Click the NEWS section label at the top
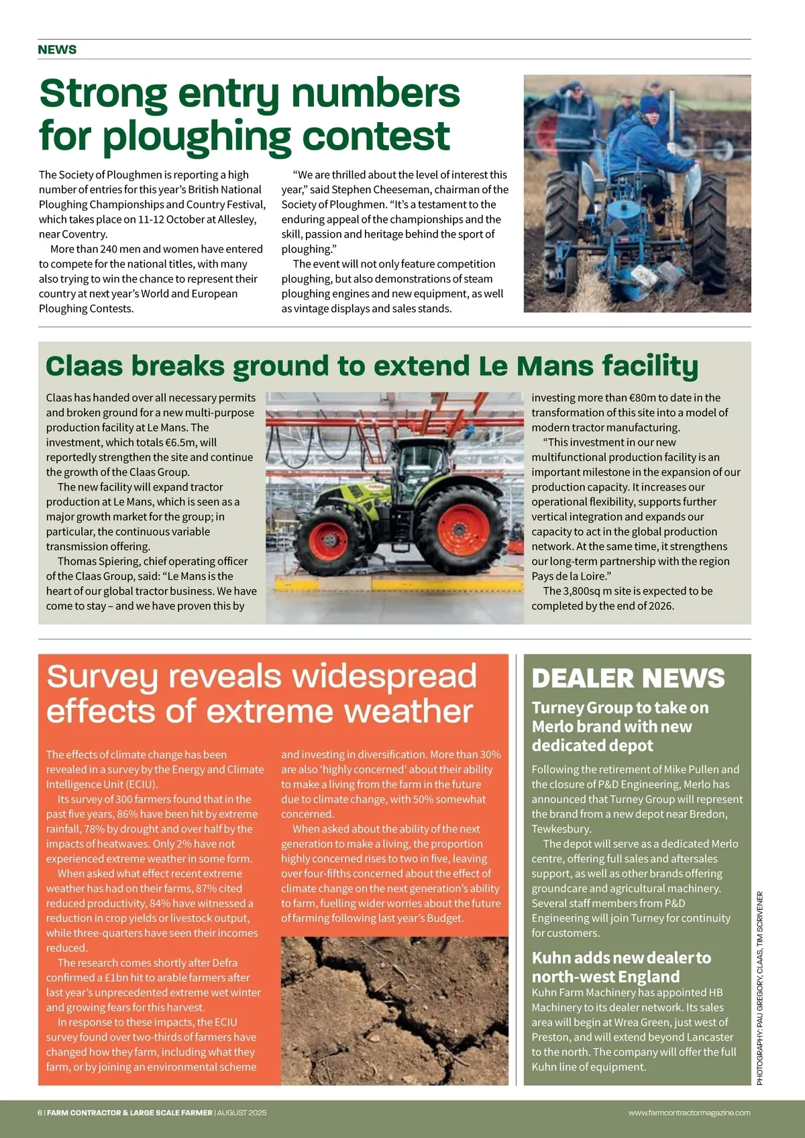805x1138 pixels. pos(57,50)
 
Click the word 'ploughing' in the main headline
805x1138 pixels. pos(197,136)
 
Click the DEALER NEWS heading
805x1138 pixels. pos(628,678)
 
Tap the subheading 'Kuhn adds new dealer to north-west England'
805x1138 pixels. pos(621,967)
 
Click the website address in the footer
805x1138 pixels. pos(689,1113)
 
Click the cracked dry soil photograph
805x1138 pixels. pos(394,1011)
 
